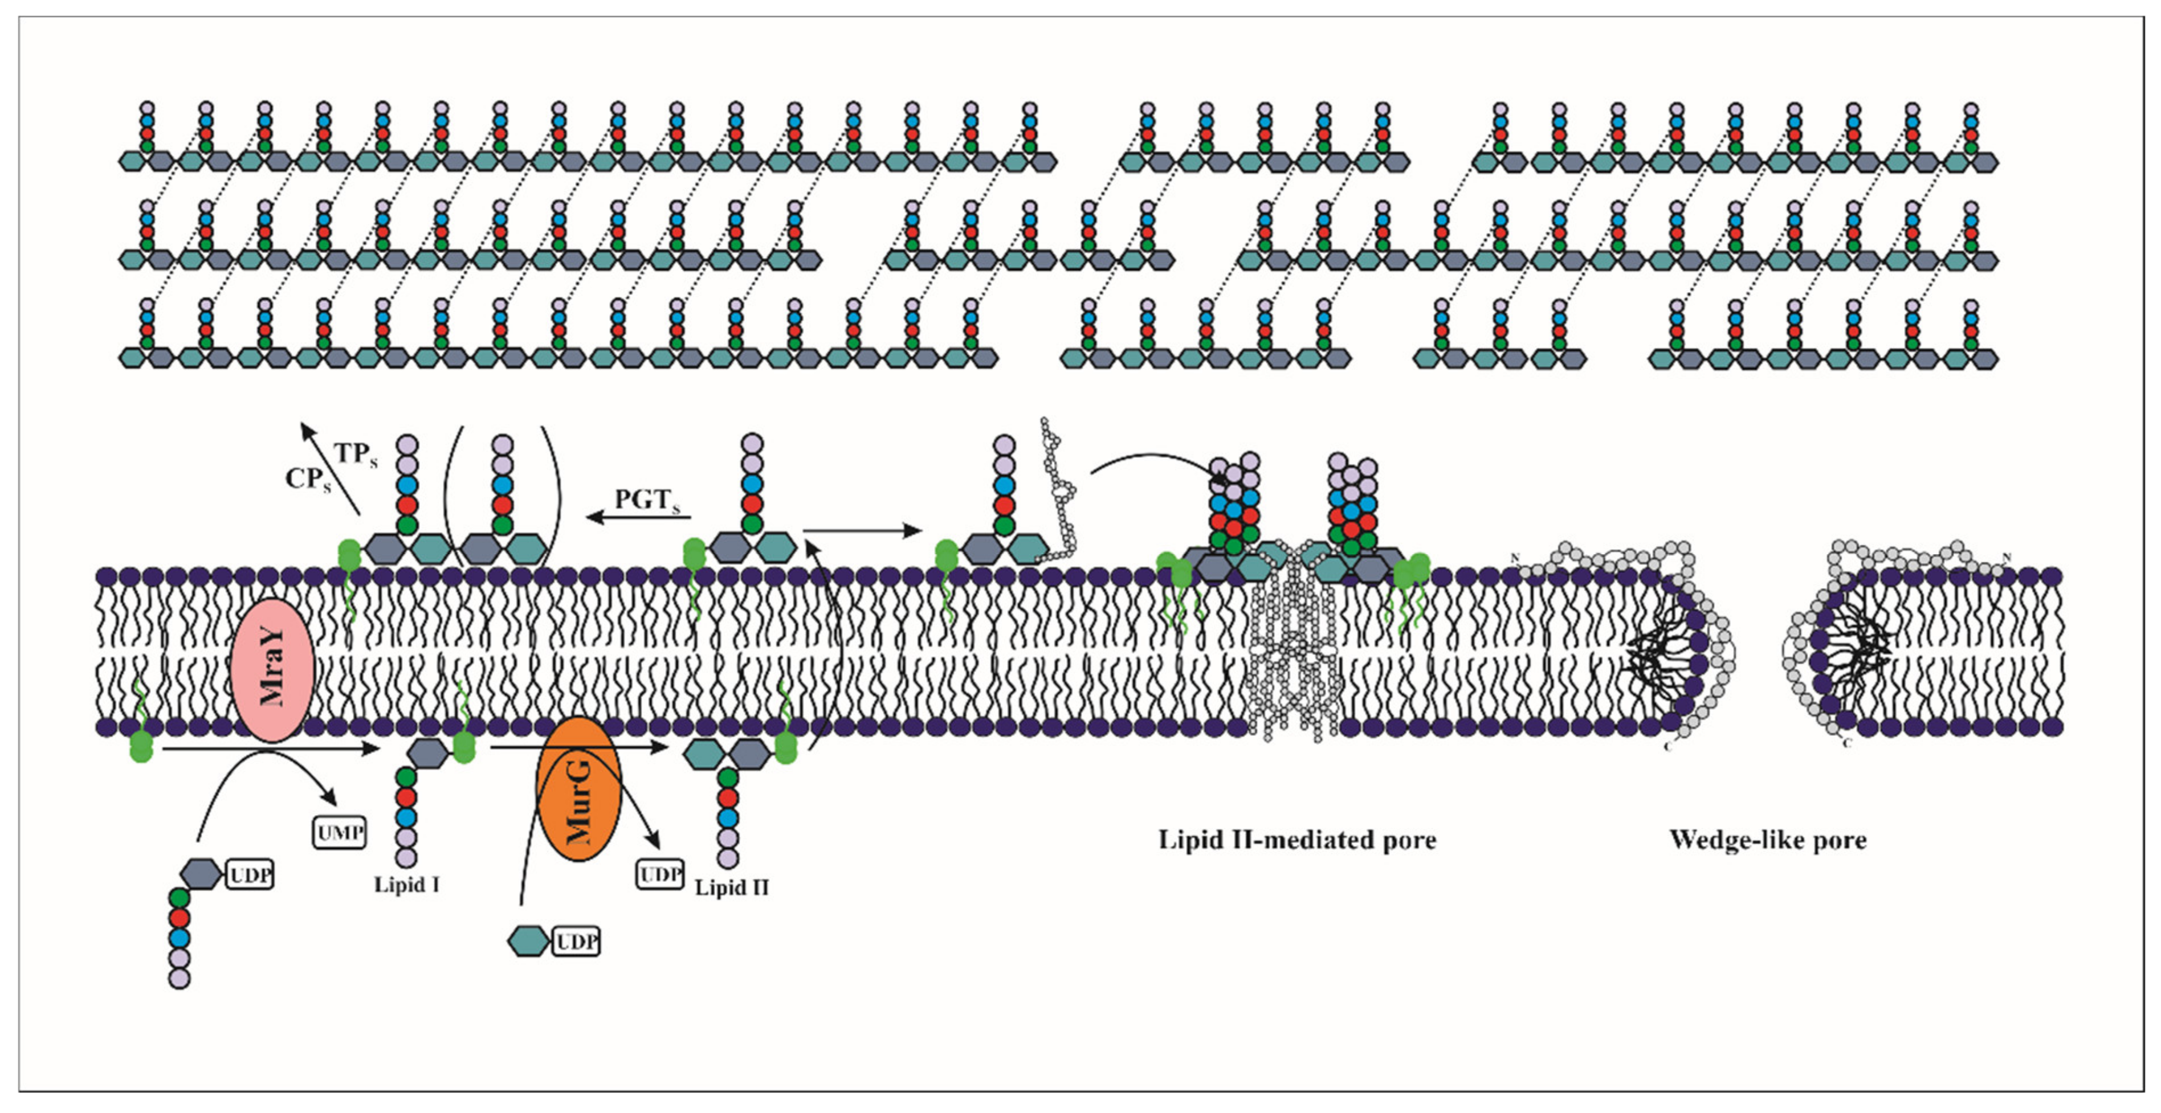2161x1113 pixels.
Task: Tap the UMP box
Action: [340, 833]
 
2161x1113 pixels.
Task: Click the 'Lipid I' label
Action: [407, 885]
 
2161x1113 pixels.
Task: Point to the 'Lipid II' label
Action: [732, 887]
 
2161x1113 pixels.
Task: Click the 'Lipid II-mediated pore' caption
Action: [1297, 840]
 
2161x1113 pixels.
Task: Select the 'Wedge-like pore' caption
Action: [1768, 840]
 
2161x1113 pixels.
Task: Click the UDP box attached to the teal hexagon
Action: [576, 942]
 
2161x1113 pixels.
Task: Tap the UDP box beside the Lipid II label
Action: [660, 875]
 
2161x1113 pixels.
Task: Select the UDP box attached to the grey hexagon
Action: [250, 875]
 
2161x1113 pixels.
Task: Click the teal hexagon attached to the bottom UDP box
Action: [528, 941]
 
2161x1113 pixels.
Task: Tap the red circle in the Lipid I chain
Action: [406, 796]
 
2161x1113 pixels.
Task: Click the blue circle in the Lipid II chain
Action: [728, 817]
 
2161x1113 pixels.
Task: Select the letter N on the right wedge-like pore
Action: [2006, 558]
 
